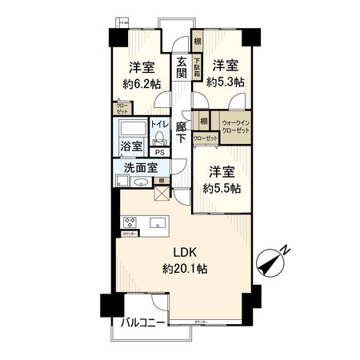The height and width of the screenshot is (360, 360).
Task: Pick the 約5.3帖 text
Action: click(226, 81)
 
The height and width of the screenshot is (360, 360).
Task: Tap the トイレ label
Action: click(158, 125)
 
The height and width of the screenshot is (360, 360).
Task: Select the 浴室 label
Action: click(130, 148)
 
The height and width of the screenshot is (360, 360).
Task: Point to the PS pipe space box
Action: click(160, 152)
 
